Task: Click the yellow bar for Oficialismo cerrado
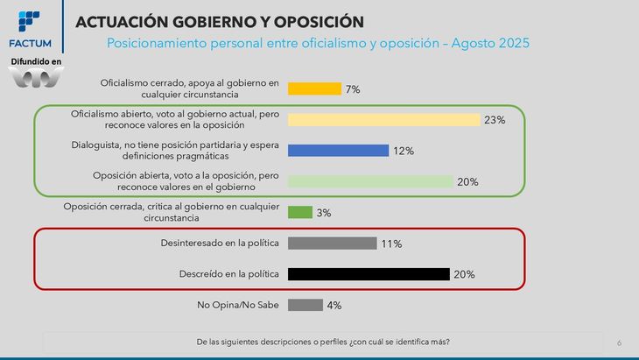tap(314, 88)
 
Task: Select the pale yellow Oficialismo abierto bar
tap(383, 120)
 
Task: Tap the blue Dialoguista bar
tap(338, 151)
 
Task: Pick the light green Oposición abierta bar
tap(370, 181)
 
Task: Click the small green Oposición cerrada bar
tap(300, 212)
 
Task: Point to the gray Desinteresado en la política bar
tap(332, 244)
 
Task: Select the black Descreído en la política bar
tap(369, 274)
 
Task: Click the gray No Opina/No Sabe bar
tap(305, 305)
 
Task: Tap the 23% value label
tap(495, 120)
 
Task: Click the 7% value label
tap(353, 89)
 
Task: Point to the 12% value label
tap(404, 151)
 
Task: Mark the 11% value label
tap(391, 244)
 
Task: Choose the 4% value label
tap(334, 306)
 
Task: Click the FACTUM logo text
tap(29, 43)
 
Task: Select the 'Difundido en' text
tap(36, 61)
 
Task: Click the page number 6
tap(619, 342)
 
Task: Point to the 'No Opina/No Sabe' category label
tap(238, 305)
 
